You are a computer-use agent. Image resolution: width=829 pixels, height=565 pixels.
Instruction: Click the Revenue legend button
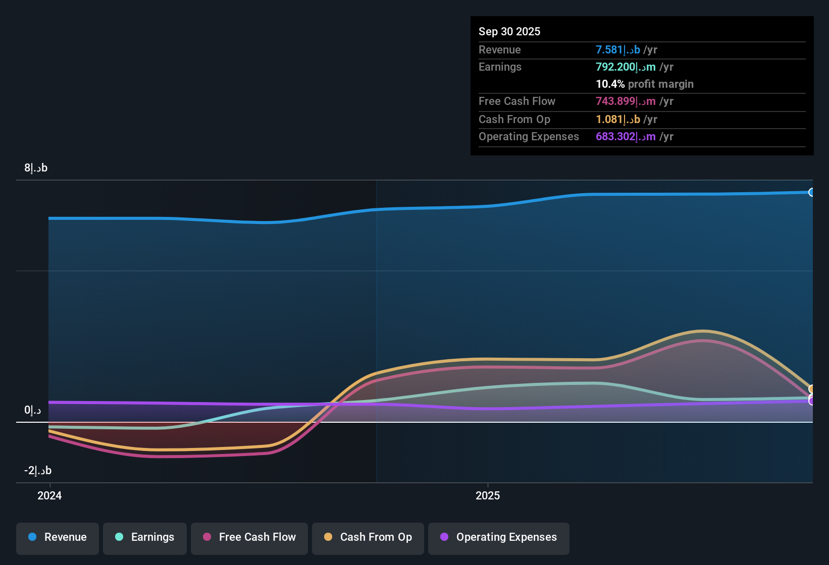point(58,537)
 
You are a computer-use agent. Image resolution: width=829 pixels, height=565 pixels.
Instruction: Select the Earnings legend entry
point(145,537)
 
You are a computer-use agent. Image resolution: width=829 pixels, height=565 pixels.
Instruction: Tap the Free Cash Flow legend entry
point(249,537)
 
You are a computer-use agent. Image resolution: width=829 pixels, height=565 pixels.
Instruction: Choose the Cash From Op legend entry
point(368,537)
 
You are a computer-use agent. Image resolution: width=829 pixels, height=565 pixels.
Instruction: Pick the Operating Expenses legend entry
point(499,537)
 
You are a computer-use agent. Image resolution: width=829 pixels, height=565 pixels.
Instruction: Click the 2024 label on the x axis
point(49,495)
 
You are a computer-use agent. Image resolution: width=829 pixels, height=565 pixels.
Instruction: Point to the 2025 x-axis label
point(488,495)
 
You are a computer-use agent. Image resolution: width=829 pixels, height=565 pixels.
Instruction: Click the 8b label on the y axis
point(36,168)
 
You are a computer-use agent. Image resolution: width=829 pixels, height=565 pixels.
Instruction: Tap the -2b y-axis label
point(38,471)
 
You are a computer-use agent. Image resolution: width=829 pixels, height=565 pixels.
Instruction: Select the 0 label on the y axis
point(33,410)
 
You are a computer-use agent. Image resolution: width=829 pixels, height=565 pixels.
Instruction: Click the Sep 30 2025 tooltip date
point(509,31)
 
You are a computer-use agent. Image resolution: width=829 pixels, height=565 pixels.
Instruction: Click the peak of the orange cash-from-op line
point(702,331)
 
